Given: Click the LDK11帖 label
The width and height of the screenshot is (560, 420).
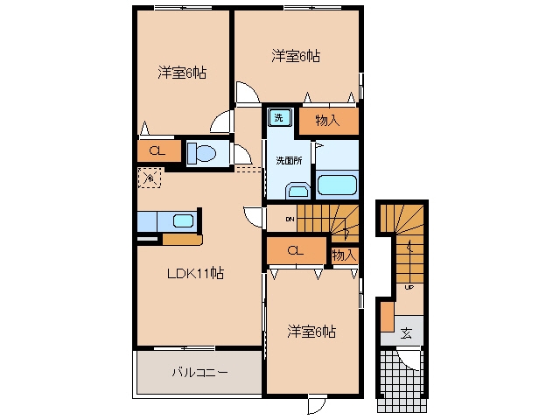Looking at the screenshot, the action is click(196, 274).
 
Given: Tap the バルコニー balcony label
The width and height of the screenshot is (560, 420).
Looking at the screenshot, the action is click(200, 374).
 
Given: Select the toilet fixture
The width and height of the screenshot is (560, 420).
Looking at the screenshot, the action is click(202, 154).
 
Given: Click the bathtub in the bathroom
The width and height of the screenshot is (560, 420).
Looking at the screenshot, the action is click(337, 185).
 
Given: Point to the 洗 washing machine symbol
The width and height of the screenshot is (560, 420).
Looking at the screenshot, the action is click(280, 117).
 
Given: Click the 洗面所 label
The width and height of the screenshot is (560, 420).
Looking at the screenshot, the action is click(289, 161).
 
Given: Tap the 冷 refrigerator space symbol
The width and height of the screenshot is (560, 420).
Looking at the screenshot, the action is click(150, 178).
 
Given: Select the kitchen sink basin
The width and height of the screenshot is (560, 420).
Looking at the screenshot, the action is click(183, 221).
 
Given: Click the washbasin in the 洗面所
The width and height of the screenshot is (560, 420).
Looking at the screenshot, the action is click(297, 191).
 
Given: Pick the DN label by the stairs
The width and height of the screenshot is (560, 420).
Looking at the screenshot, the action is click(290, 219).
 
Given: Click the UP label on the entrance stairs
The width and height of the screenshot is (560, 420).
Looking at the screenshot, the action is click(409, 287).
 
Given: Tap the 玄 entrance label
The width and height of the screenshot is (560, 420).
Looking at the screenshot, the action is click(406, 332).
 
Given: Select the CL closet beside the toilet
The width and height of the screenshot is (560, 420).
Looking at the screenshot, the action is click(157, 150).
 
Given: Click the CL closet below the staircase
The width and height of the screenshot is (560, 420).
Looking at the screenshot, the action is click(296, 250).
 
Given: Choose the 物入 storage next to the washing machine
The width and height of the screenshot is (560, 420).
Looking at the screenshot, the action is click(328, 121).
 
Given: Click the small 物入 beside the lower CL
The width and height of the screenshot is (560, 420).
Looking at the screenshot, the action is click(344, 255).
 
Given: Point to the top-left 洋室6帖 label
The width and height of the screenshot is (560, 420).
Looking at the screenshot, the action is click(182, 73).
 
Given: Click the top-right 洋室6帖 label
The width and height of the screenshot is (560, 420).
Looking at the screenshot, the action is click(296, 56).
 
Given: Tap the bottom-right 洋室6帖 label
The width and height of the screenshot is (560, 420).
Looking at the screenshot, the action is click(311, 332).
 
